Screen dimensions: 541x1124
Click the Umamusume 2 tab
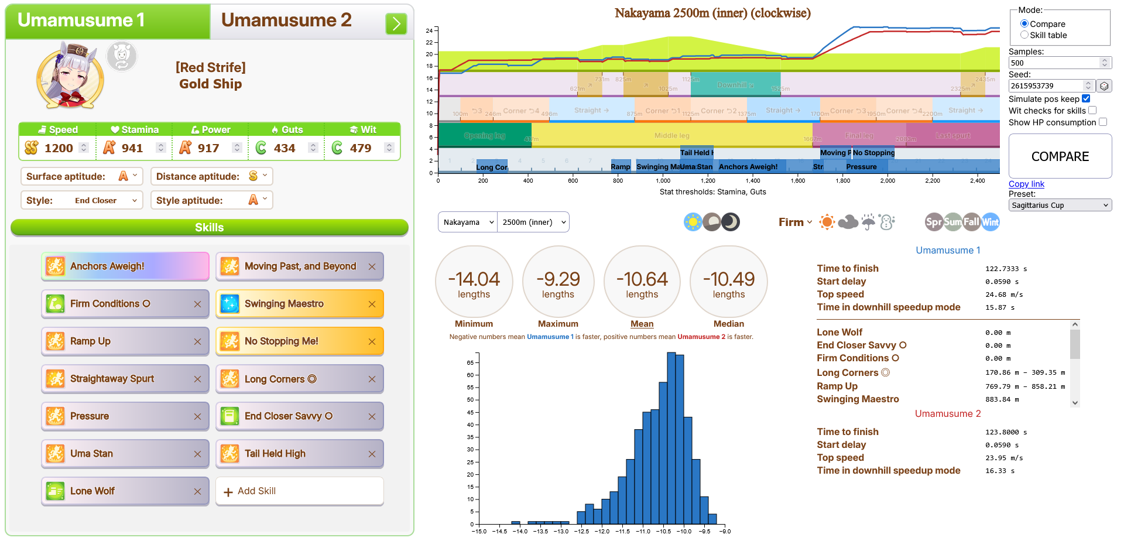286,21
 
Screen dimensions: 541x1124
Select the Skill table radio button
1024,35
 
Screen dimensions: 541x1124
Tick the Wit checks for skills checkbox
1092,110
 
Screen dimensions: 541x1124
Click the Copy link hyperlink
1026,184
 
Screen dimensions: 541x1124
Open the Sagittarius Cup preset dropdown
1060,205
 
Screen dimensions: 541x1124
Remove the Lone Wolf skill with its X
197,492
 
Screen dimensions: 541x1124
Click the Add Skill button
300,491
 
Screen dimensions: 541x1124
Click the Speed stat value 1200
59,148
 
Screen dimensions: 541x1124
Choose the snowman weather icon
887,222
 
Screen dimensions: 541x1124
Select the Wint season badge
990,222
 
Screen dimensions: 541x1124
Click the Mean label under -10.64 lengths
642,324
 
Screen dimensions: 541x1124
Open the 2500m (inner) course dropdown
533,222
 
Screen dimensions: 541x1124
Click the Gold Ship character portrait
70,76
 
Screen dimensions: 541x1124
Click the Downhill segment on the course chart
735,85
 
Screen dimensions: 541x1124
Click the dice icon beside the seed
1104,86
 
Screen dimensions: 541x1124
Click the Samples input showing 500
1054,63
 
